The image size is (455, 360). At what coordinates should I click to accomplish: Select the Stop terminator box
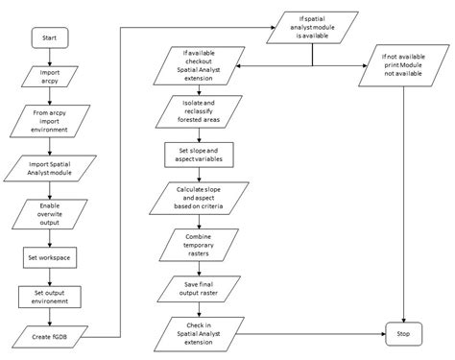tap(403, 334)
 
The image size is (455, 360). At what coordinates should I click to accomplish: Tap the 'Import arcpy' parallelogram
tap(50, 78)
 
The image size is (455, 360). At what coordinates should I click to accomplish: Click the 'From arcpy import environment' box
tap(50, 121)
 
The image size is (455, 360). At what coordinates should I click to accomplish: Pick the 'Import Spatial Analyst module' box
tap(50, 168)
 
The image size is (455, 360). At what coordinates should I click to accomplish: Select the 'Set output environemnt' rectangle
tap(50, 297)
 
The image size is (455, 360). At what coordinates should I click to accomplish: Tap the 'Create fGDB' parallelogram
tap(50, 336)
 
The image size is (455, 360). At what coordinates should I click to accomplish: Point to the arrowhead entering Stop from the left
tap(381, 334)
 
